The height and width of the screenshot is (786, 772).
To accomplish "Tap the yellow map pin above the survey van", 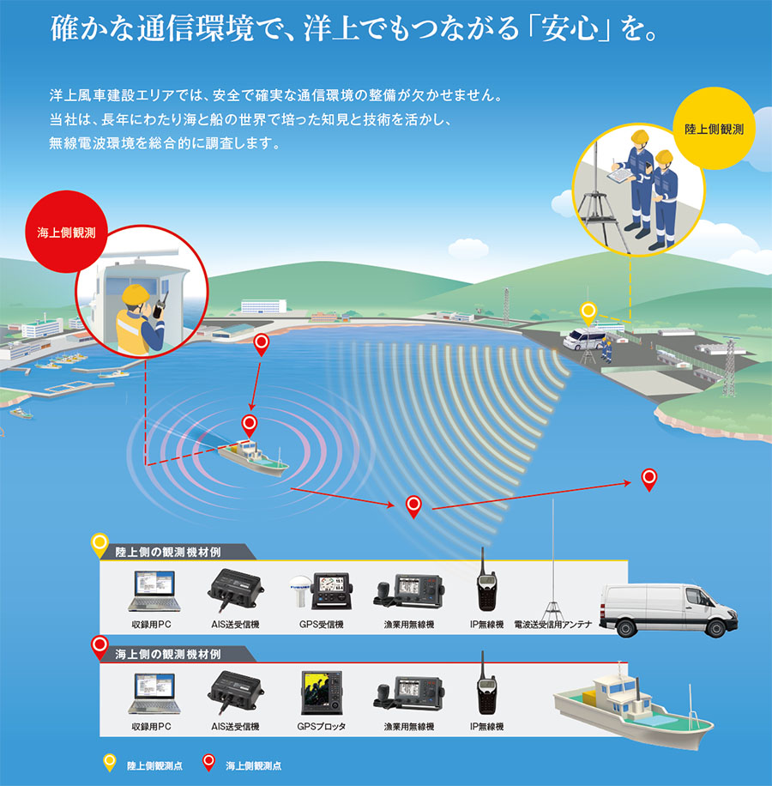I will point(588,312).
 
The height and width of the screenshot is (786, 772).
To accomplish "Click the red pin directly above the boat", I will point(249,423).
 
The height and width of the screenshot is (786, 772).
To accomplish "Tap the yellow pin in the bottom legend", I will point(109,762).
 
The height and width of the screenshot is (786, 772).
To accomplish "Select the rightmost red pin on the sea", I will point(649,479).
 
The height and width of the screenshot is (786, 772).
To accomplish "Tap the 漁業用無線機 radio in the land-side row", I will point(408,592).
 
